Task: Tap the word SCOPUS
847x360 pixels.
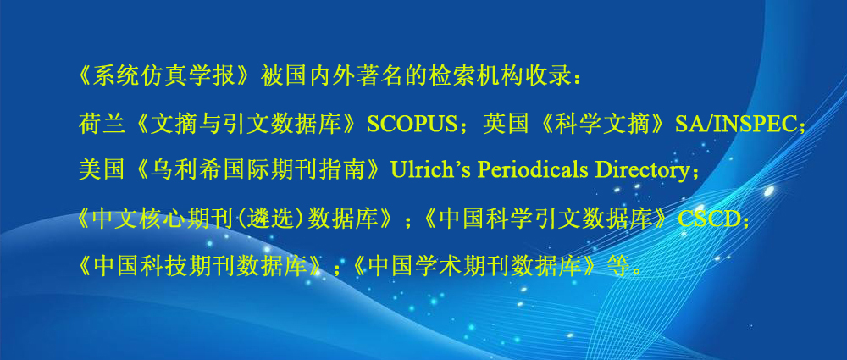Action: (x=412, y=125)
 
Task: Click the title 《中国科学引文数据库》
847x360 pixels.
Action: (x=551, y=219)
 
